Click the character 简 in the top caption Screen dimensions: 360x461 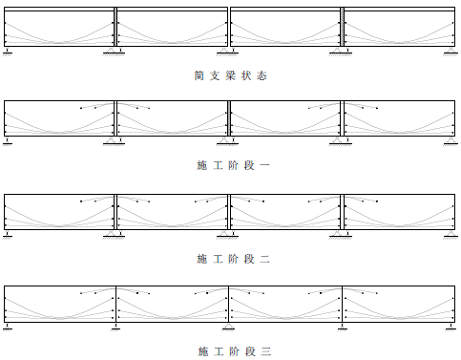point(199,74)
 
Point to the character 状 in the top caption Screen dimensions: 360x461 point(247,74)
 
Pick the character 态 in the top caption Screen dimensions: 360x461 point(263,74)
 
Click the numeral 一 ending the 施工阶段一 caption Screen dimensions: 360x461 point(264,165)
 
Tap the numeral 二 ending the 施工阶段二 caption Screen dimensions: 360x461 point(264,259)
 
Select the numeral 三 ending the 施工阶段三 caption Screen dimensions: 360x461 point(264,350)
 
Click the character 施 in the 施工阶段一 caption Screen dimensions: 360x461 point(201,165)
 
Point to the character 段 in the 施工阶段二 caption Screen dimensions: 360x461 point(248,259)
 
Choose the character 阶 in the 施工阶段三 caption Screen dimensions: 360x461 point(233,350)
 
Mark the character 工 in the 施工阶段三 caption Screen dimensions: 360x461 point(218,350)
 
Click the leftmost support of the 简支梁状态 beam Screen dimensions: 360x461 point(7,50)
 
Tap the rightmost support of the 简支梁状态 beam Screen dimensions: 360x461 point(451,50)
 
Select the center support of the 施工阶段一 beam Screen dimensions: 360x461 point(229,140)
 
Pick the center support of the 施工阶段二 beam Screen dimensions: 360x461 point(229,233)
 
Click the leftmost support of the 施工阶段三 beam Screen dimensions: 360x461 point(7,327)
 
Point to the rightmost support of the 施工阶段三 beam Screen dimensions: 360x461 point(451,327)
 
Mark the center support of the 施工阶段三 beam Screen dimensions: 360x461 point(229,327)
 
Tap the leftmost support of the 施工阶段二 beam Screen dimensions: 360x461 point(7,234)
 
